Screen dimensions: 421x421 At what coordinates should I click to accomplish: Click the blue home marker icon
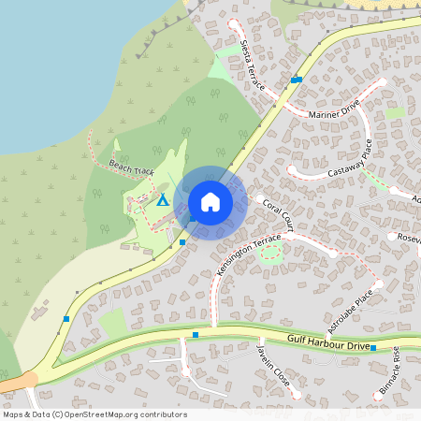(210, 201)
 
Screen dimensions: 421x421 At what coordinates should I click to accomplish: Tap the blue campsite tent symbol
(163, 199)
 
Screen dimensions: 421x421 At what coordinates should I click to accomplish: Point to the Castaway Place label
(350, 161)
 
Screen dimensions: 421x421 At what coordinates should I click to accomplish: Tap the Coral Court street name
(279, 213)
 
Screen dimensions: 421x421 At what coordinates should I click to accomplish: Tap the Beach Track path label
(131, 167)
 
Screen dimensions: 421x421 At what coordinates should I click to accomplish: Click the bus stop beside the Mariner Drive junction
(296, 80)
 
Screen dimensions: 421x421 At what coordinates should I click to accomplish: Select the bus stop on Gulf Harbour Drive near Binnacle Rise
(372, 347)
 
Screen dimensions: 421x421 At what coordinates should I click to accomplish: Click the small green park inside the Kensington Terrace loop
(269, 254)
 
